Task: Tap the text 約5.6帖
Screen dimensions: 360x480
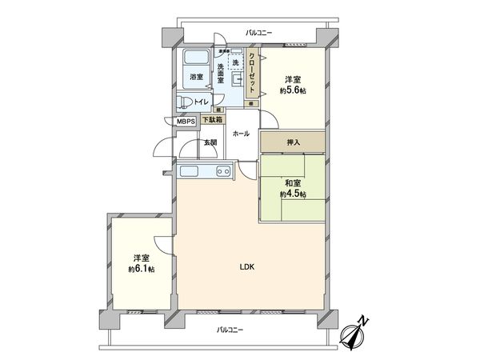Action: point(292,91)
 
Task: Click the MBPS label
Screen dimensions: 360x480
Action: point(186,122)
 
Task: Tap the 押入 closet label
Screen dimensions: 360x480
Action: point(293,142)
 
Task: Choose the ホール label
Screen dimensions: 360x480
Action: point(240,134)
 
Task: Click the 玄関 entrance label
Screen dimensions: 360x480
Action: point(210,142)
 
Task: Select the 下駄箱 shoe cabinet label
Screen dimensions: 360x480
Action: point(210,120)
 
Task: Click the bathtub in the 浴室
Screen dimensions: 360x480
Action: point(196,60)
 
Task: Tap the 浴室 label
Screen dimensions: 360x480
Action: point(196,78)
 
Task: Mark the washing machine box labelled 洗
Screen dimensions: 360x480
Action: point(236,61)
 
